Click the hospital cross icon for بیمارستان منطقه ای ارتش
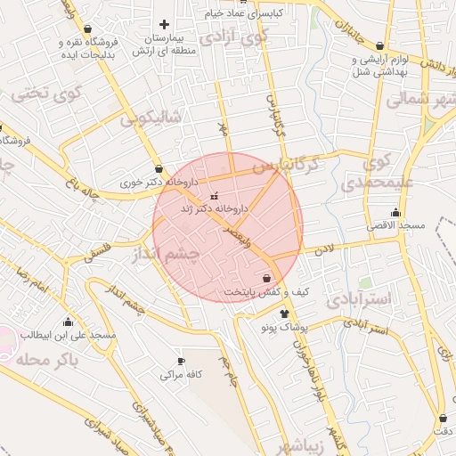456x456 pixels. coord(163,25)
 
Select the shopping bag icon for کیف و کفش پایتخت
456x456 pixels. coord(266,279)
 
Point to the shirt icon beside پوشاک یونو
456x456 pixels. coord(285,313)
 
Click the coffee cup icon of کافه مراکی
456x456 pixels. coord(181,362)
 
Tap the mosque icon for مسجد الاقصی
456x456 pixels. coord(395,213)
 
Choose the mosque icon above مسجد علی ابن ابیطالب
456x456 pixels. coord(68,322)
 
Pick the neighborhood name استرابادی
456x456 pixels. coord(358,300)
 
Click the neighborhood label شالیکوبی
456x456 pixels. coord(152,118)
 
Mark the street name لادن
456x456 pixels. coord(322,251)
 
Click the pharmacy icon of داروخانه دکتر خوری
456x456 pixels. coord(159,168)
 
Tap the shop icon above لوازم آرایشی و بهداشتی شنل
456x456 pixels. coord(380,46)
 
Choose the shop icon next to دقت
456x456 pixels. coord(443,418)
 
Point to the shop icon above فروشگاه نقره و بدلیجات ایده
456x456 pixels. coord(87,28)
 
